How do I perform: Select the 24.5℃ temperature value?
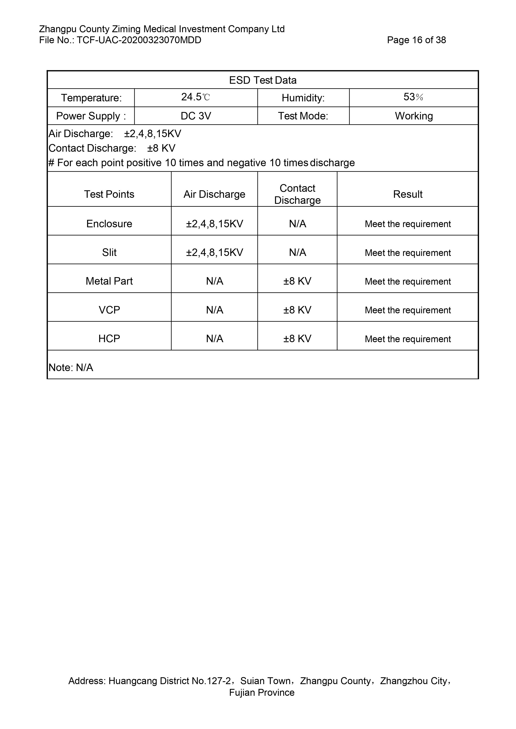point(195,97)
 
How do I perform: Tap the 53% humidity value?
point(413,97)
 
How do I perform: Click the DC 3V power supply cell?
point(196,116)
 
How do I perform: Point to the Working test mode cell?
point(414,116)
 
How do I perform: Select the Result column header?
point(408,194)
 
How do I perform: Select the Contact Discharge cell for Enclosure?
point(298,224)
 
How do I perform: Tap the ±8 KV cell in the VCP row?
point(298,310)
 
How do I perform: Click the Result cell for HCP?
point(408,339)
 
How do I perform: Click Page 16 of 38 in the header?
point(416,40)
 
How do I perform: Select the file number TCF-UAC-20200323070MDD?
point(139,40)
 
